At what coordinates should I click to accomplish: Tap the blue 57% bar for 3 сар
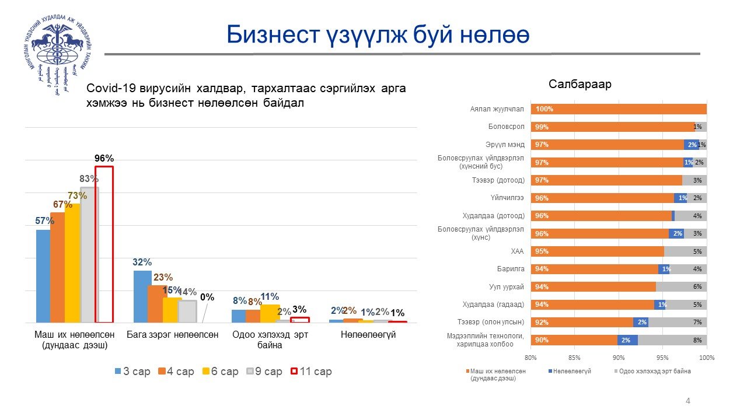point(43,276)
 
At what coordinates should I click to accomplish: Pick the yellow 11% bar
point(270,313)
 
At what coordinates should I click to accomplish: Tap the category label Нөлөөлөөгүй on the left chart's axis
point(360,335)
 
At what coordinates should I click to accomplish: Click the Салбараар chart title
point(580,85)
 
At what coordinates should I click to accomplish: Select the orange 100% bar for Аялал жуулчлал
point(619,109)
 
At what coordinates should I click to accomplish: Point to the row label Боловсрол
point(507,127)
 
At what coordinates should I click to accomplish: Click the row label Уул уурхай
point(507,287)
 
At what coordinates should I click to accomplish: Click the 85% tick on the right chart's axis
point(574,357)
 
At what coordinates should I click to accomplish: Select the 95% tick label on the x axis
point(662,357)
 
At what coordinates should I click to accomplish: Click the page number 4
point(688,401)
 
